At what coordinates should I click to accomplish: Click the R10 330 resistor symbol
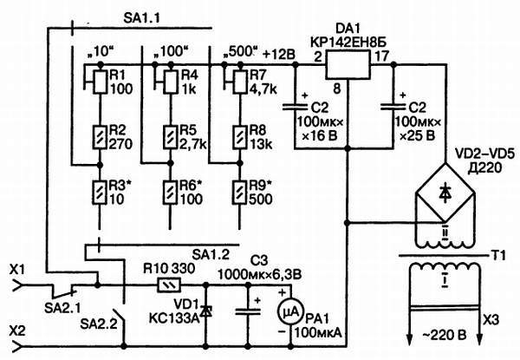point(162,284)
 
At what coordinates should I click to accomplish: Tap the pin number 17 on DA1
point(382,56)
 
